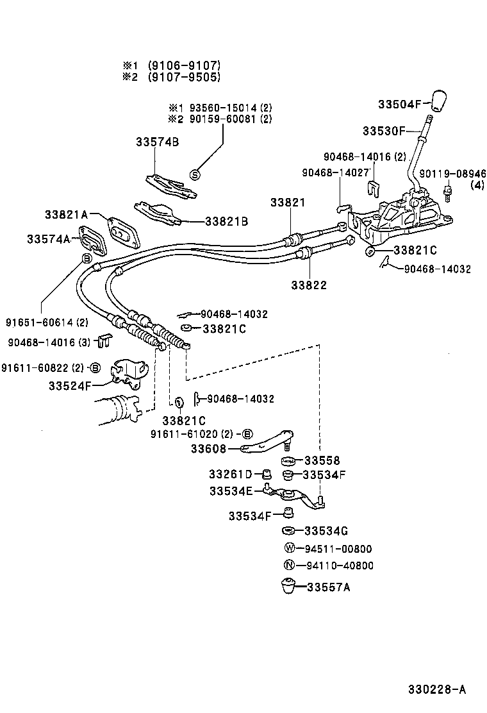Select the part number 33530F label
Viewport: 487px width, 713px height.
pyautogui.click(x=384, y=131)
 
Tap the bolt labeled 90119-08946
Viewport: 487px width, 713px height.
pyautogui.click(x=448, y=190)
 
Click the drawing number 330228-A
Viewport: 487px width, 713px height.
pyautogui.click(x=437, y=689)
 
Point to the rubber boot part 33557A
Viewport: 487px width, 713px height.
pyautogui.click(x=290, y=587)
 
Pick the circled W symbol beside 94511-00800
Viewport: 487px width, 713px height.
pyautogui.click(x=289, y=548)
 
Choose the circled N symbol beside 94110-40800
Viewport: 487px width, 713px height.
pyautogui.click(x=289, y=565)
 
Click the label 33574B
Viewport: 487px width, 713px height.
pyautogui.click(x=156, y=142)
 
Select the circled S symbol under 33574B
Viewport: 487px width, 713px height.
pyautogui.click(x=196, y=174)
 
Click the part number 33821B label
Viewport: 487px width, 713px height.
pyautogui.click(x=226, y=221)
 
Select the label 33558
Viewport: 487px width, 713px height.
pyautogui.click(x=322, y=460)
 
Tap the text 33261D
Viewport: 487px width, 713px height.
pyautogui.click(x=229, y=474)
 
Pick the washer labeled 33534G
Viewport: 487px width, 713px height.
pyautogui.click(x=289, y=531)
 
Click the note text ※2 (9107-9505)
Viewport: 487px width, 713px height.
pyautogui.click(x=172, y=76)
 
